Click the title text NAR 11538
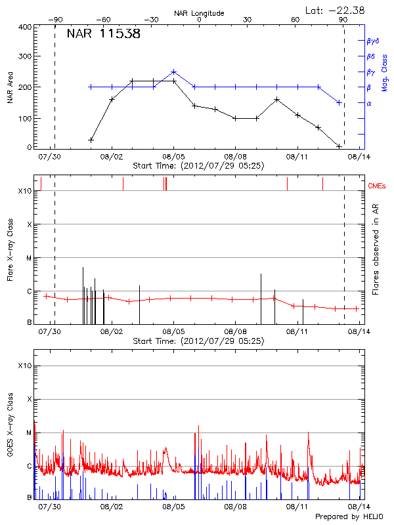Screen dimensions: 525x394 click(103, 34)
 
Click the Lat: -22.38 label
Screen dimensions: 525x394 click(336, 9)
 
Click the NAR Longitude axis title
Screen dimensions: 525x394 click(199, 12)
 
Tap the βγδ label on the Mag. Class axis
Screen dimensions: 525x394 click(372, 41)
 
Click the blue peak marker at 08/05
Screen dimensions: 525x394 click(173, 72)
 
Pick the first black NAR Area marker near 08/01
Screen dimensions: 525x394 click(91, 140)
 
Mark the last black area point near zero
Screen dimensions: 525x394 click(339, 146)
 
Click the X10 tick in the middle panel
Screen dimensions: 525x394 click(25, 191)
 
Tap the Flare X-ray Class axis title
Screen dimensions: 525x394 click(10, 248)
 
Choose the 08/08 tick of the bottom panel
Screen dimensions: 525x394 click(235, 507)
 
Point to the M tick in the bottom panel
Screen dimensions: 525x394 click(28, 433)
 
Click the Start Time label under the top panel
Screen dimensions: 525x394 click(198, 166)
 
